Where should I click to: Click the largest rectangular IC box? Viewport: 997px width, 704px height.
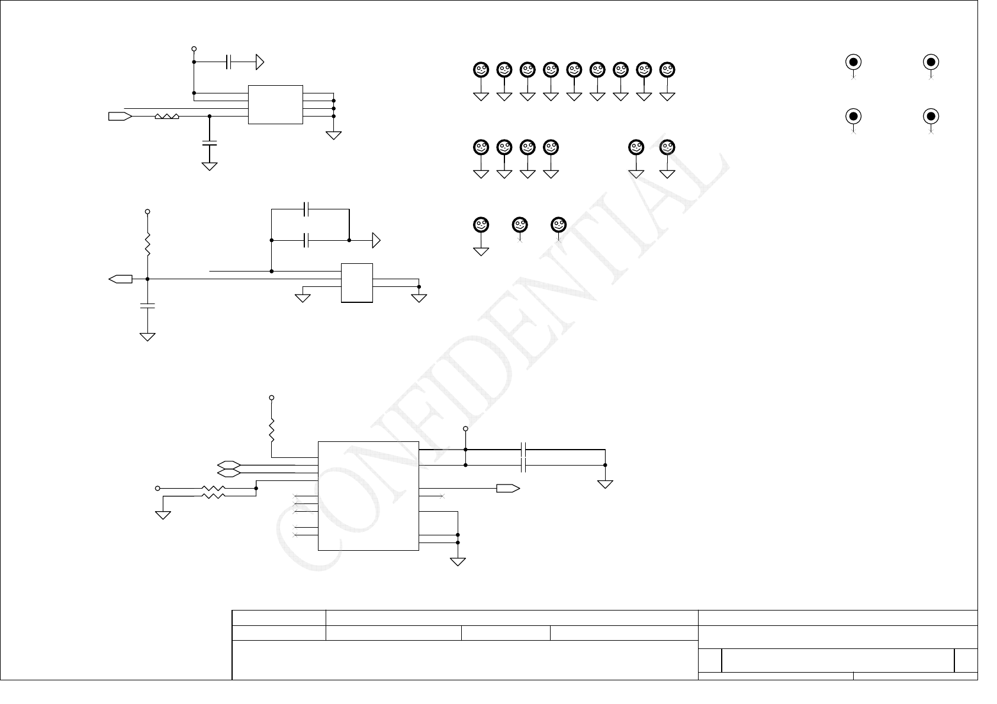tap(368, 496)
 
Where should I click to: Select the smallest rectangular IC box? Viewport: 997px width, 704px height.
tap(357, 283)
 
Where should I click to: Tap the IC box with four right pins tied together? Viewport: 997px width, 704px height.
tap(275, 105)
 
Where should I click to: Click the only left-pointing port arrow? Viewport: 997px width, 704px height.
tap(121, 279)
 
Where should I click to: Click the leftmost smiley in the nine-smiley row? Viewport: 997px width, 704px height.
tap(481, 70)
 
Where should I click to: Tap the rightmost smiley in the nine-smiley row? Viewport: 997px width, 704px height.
tap(667, 70)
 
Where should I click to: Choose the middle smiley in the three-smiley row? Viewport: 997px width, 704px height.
tap(520, 225)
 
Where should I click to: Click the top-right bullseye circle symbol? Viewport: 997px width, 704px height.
tap(931, 62)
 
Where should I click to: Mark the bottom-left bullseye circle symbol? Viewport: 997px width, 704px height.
tap(853, 115)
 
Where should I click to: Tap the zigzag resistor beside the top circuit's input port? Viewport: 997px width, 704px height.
tap(167, 117)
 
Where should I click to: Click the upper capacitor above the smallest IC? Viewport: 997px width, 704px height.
tap(307, 209)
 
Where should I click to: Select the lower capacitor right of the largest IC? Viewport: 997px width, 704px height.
tap(523, 466)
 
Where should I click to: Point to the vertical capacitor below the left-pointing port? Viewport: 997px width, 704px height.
tap(147, 306)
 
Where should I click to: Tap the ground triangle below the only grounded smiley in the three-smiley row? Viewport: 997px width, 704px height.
tap(481, 251)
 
